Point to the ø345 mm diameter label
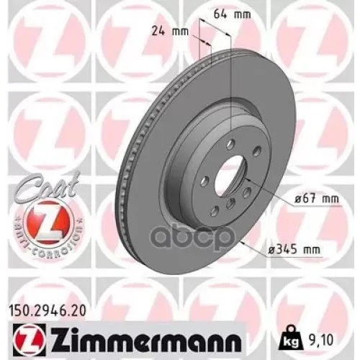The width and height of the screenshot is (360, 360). tap(294, 248)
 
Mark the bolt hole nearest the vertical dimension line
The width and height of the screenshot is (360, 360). tap(230, 143)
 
